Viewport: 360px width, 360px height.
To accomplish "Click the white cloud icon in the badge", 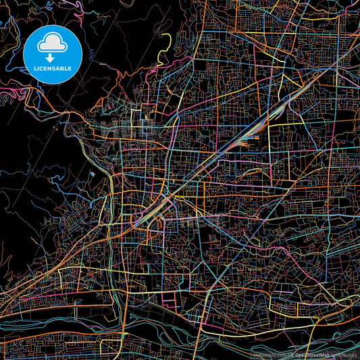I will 52,43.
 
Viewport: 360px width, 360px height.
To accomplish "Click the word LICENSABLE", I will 52,68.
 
